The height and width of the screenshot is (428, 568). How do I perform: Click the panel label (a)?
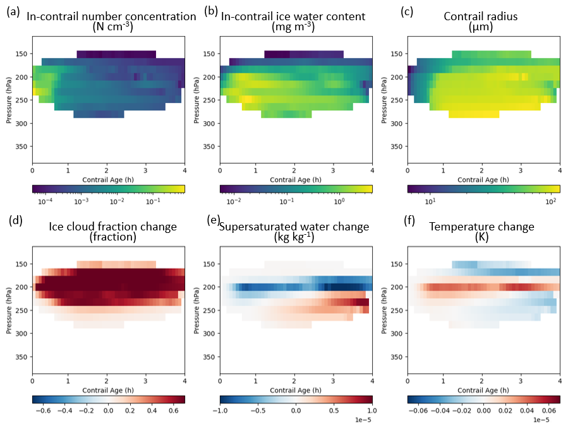[12, 10]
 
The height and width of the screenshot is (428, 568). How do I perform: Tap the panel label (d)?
[12, 220]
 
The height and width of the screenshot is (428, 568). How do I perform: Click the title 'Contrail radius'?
[481, 16]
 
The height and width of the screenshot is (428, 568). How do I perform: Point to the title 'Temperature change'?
[480, 226]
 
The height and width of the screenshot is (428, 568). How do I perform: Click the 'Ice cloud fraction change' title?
[111, 226]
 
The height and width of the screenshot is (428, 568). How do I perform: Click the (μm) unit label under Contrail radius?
[481, 27]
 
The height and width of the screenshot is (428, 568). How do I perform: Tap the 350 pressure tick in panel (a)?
[23, 146]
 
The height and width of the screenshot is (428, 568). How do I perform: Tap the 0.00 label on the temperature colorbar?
[483, 410]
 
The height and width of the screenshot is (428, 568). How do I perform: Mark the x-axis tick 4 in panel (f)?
[560, 381]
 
